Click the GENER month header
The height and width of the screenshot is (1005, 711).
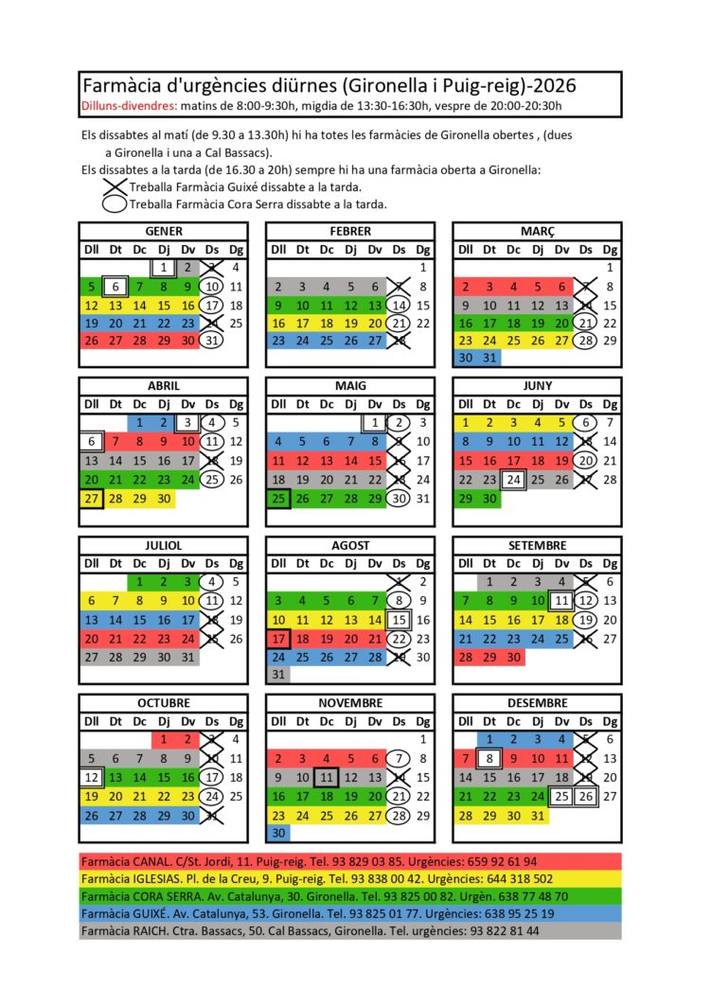click(163, 231)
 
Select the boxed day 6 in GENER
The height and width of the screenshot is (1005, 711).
click(115, 287)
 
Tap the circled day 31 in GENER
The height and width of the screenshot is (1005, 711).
click(210, 341)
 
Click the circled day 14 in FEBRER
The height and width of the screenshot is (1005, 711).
click(399, 305)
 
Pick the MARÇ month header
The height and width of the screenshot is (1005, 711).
click(537, 231)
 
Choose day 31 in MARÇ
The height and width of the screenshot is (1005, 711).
click(489, 359)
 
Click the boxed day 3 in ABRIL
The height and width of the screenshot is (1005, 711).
click(187, 423)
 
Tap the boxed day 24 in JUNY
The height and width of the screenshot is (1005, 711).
click(513, 479)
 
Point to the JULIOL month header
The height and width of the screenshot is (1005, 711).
click(163, 546)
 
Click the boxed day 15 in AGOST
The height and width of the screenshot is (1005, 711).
click(399, 620)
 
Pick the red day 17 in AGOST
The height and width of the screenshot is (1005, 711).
click(278, 638)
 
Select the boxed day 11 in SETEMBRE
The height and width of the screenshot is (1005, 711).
click(561, 601)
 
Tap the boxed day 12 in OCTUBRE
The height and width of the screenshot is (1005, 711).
click(91, 777)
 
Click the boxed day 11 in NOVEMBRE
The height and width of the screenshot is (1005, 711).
click(326, 777)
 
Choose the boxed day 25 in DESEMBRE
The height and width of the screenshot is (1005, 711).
click(561, 796)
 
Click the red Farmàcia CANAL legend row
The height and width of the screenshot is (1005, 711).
click(350, 862)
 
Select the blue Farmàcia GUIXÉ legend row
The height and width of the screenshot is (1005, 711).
click(350, 914)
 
